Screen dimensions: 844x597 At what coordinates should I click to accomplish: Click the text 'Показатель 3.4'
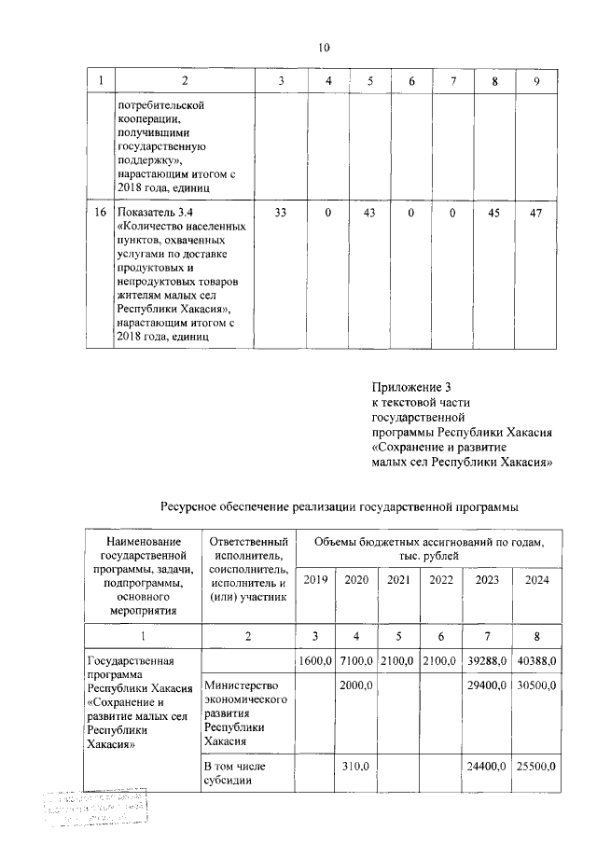pyautogui.click(x=151, y=214)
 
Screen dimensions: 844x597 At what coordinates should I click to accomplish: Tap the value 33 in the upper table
pyautogui.click(x=281, y=214)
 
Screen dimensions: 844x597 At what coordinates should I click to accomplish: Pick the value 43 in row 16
pyautogui.click(x=369, y=214)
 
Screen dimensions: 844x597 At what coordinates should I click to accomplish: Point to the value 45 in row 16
pyautogui.click(x=493, y=214)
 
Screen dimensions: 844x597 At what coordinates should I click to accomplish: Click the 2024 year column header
pyautogui.click(x=535, y=579)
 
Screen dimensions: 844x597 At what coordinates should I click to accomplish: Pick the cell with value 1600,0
pyautogui.click(x=316, y=661)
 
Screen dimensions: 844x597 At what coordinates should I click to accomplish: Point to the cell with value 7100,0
pyautogui.click(x=356, y=661)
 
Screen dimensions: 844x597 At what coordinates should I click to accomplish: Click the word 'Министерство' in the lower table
pyautogui.click(x=240, y=686)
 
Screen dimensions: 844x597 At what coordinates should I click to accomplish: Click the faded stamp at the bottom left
pyautogui.click(x=92, y=809)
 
